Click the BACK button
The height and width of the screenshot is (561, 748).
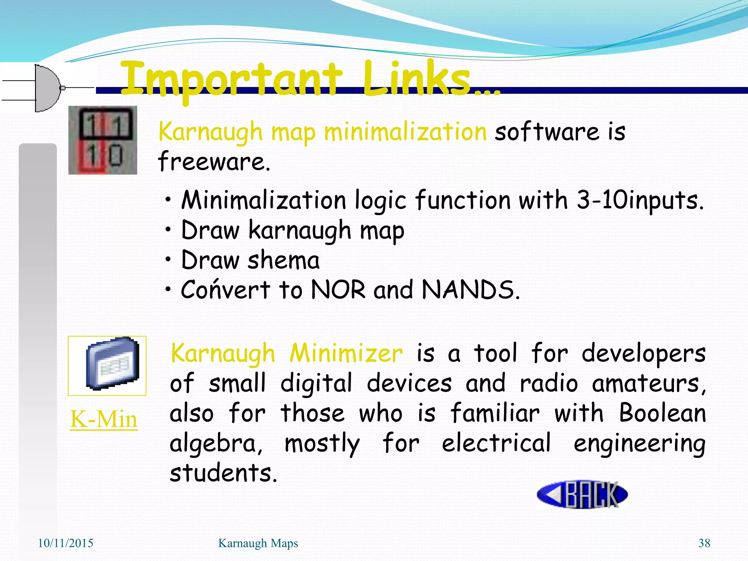[x=582, y=494]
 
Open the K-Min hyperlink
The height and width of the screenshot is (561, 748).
[x=104, y=419]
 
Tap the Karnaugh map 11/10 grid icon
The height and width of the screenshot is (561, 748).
[x=103, y=140]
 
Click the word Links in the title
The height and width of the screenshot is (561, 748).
[x=416, y=78]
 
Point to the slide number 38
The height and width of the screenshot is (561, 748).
[x=704, y=543]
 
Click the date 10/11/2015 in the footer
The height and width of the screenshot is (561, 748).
[x=66, y=543]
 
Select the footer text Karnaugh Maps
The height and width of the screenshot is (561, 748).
[x=258, y=543]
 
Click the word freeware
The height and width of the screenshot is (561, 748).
[x=214, y=162]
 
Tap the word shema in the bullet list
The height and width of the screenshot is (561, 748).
[x=283, y=260]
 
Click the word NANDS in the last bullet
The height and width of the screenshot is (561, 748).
[x=470, y=290]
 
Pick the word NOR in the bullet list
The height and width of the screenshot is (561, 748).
[x=338, y=290]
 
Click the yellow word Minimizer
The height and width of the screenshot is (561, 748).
[x=346, y=354]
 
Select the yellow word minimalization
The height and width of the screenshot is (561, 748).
[x=405, y=132]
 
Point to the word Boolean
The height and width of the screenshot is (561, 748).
[x=662, y=413]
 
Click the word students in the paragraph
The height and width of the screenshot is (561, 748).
[x=223, y=473]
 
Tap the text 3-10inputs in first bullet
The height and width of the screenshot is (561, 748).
[x=640, y=201]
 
